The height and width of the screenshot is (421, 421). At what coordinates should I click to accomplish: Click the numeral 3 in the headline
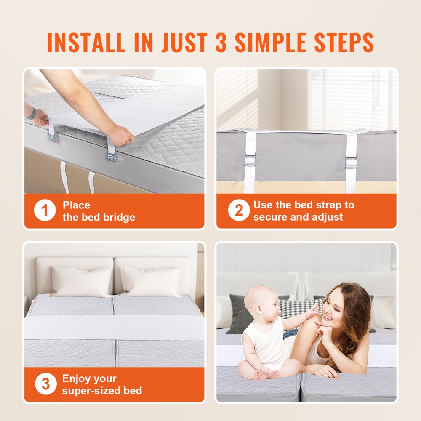click(221, 42)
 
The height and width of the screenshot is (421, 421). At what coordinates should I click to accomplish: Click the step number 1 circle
click(45, 211)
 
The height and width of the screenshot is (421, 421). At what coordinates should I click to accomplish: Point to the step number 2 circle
click(239, 211)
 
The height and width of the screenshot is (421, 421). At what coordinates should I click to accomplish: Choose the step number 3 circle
click(45, 384)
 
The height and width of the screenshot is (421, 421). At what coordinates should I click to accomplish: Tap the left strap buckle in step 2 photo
click(250, 161)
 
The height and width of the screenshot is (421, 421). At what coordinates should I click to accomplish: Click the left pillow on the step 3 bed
click(81, 281)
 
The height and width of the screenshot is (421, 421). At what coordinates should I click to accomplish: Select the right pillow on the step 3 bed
click(151, 281)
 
